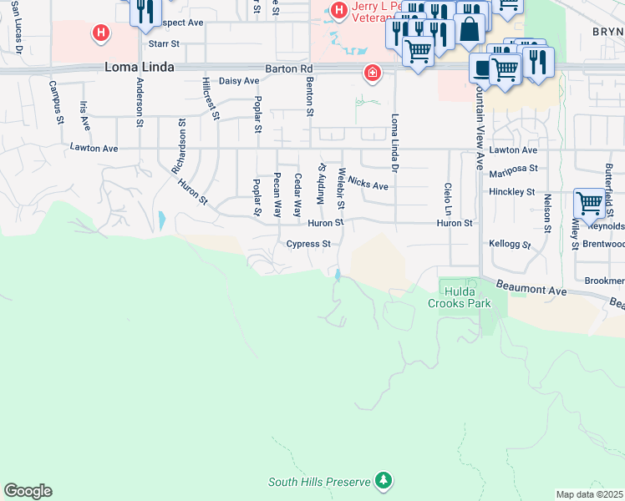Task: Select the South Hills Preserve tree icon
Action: [384, 481]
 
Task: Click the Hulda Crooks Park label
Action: [460, 298]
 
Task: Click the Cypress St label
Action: [309, 245]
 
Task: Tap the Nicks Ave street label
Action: [368, 184]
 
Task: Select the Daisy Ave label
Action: [236, 81]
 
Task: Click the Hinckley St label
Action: [511, 192]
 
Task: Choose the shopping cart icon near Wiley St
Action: [589, 203]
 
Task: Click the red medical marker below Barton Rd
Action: [372, 73]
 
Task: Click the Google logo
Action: [28, 491]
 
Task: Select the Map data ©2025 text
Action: [589, 494]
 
